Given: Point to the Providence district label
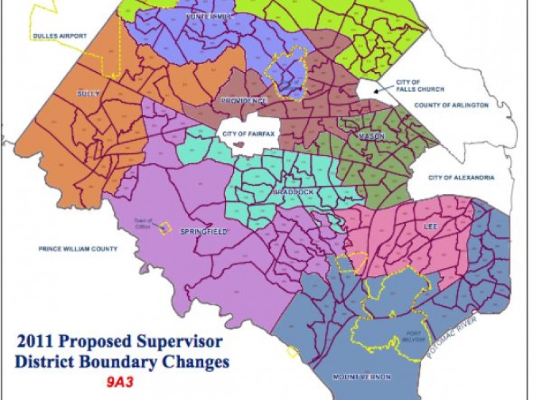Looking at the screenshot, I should pyautogui.click(x=244, y=101).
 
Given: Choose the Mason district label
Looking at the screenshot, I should pyautogui.click(x=372, y=136).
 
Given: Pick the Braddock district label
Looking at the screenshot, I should pyautogui.click(x=294, y=192).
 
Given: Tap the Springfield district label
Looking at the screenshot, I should pyautogui.click(x=205, y=231).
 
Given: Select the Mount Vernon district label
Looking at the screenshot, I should pyautogui.click(x=362, y=377).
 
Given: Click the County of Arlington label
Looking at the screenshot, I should pyautogui.click(x=451, y=105).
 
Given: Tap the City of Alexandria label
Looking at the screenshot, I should pyautogui.click(x=461, y=177).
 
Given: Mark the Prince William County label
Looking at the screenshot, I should pyautogui.click(x=77, y=249).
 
